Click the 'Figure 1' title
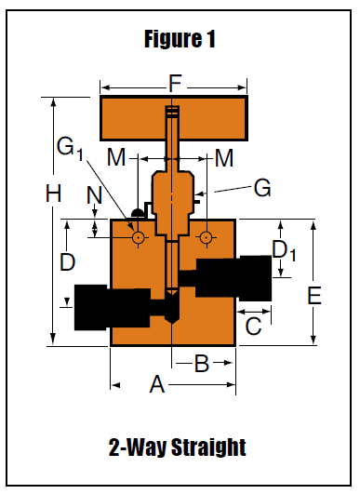click(180, 39)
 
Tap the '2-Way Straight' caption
click(178, 447)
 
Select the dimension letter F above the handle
click(175, 83)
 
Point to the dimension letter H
click(53, 194)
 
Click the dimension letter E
click(314, 296)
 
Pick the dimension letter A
click(157, 384)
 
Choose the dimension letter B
click(202, 363)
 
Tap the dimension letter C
click(253, 326)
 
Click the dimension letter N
click(94, 195)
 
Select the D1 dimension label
click(284, 250)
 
